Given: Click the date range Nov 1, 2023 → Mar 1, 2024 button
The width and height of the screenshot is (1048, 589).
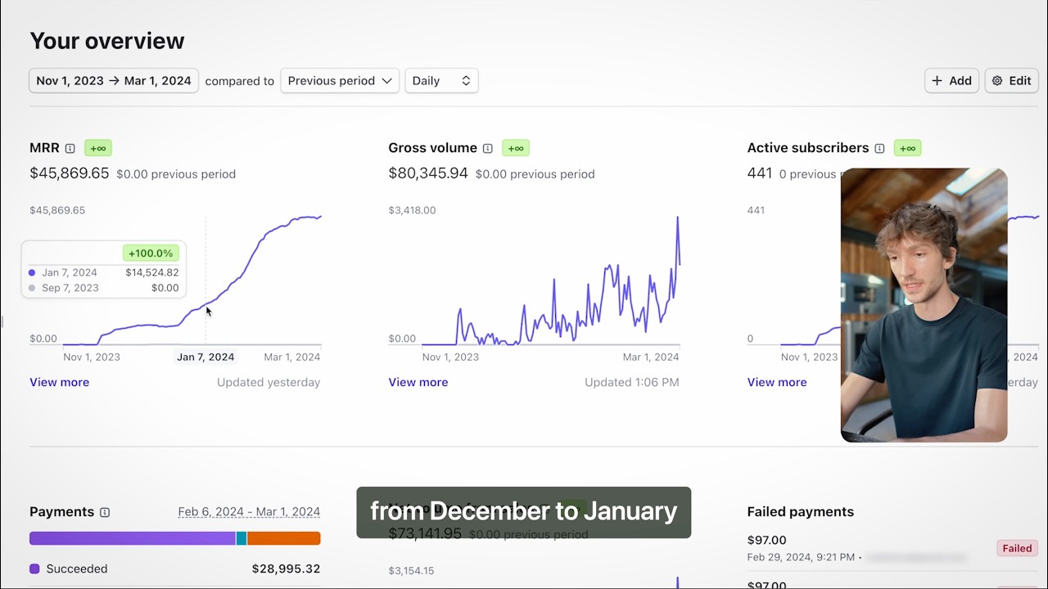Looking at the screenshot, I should (114, 81).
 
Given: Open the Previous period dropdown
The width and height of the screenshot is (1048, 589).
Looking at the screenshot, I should (340, 81).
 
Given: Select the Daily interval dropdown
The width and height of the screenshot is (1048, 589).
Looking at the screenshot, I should (441, 81).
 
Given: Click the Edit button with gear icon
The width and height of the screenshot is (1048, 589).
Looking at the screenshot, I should (1011, 81).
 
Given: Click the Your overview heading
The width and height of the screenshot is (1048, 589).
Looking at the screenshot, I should (107, 41).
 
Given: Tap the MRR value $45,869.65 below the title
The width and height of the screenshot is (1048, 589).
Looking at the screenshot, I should (70, 173).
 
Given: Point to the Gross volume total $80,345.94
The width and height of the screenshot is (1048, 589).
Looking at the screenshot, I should (428, 173).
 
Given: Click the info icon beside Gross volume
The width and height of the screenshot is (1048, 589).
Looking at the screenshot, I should (488, 148).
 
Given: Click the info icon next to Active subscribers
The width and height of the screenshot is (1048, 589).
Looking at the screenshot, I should (879, 148).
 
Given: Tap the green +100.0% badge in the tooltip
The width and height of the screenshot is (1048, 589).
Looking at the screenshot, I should (151, 254).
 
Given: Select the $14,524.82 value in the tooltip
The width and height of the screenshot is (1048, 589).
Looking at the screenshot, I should (151, 272).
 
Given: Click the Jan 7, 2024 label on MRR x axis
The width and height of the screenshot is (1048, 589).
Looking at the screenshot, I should (206, 357).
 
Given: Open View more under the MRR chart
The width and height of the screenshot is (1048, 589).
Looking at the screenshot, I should (60, 382).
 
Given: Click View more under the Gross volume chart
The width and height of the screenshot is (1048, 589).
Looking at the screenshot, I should (418, 382).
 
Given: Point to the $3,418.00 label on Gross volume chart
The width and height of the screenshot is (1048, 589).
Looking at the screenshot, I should (412, 210).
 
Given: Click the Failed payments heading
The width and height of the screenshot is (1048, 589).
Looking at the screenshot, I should (800, 512).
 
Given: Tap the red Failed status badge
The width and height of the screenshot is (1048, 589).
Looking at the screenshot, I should (1017, 548).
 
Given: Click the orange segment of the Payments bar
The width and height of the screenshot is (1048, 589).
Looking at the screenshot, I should (283, 538).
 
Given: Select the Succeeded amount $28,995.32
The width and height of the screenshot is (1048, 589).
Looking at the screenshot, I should (286, 569).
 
